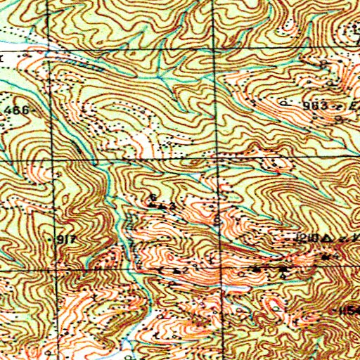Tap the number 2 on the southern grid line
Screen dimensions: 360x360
184,270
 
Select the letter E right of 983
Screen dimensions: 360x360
342,104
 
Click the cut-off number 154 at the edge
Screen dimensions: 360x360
349,310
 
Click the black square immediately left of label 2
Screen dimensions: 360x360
174,270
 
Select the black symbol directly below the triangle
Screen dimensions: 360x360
327,257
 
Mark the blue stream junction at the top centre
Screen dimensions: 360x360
160,75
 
